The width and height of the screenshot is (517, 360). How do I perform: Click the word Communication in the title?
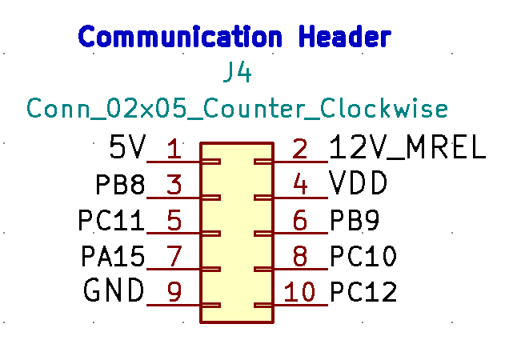(x=180, y=37)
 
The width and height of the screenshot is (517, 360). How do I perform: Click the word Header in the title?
(x=344, y=37)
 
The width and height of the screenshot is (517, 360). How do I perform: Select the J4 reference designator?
(x=238, y=74)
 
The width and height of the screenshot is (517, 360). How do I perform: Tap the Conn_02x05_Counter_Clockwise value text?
(x=237, y=108)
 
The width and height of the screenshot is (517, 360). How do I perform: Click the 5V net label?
(x=128, y=147)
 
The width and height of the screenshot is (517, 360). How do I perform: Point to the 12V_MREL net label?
(x=407, y=147)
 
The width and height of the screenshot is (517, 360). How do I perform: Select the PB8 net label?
(x=120, y=186)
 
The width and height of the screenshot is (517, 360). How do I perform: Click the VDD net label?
(x=359, y=185)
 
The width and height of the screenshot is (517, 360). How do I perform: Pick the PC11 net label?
(x=112, y=220)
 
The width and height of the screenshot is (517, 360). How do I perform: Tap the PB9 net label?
(x=355, y=220)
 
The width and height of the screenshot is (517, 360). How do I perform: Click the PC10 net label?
(x=363, y=257)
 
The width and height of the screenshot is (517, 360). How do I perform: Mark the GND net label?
(x=114, y=290)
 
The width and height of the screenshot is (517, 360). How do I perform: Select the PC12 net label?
(x=363, y=292)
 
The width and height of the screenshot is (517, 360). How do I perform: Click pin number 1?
(x=174, y=149)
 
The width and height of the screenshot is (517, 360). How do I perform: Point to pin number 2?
(x=300, y=149)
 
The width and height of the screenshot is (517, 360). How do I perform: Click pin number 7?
(x=174, y=257)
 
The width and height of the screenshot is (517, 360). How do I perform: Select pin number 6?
(x=300, y=221)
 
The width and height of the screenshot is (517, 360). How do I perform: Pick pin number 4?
(x=300, y=186)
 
